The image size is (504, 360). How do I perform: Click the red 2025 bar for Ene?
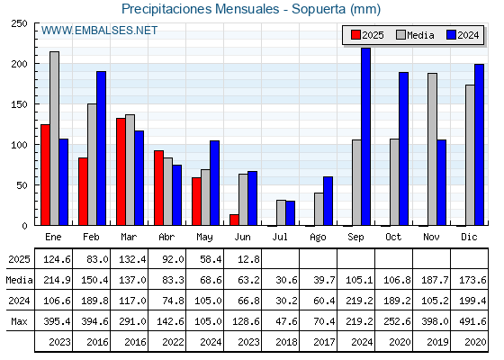point(45,175)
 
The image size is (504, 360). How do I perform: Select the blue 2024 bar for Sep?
point(365,137)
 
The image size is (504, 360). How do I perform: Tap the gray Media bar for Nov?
point(432,149)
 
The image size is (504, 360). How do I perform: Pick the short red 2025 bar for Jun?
point(234,220)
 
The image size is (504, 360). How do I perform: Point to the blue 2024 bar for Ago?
point(328,201)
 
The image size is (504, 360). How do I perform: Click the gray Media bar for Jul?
point(281,212)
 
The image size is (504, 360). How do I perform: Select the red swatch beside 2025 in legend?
point(355,35)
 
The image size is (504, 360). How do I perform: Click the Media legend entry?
point(415,35)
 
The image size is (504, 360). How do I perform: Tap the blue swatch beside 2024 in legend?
point(451,35)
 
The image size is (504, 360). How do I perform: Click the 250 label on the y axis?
point(19,23)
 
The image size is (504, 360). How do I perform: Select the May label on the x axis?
point(204,238)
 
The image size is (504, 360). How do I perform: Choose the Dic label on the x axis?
point(469,238)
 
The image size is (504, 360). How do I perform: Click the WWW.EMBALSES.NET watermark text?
point(99,31)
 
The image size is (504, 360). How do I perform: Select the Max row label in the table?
point(19,321)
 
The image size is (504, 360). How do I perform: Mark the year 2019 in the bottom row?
point(437,342)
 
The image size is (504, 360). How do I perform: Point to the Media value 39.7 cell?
point(324,280)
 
